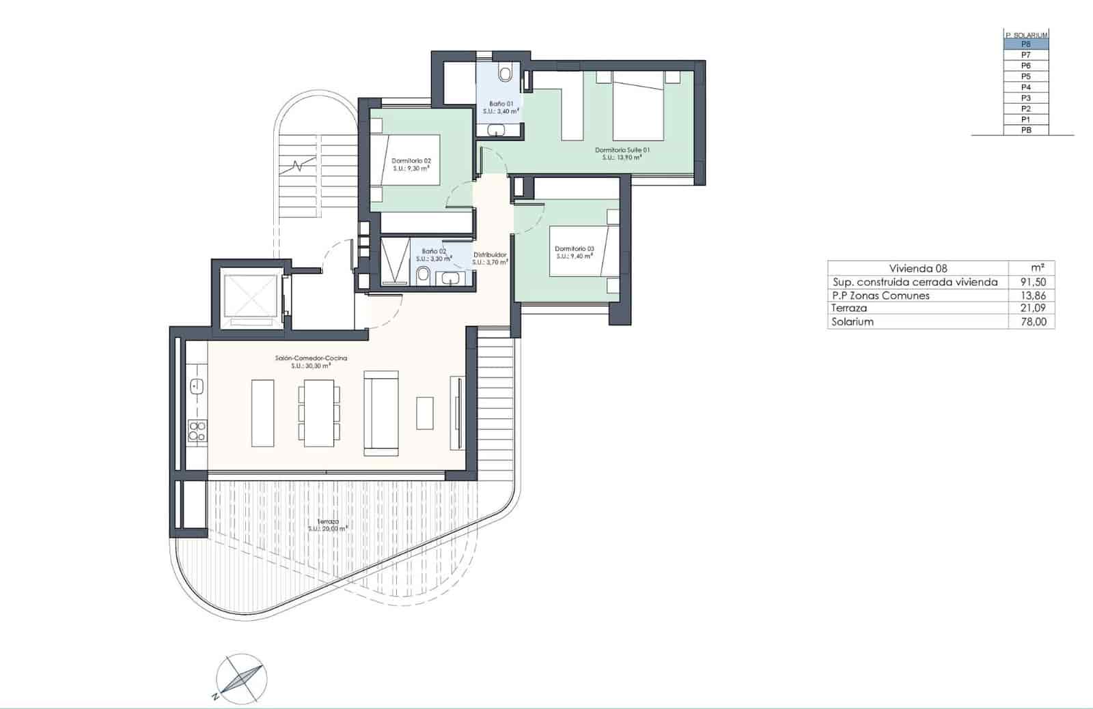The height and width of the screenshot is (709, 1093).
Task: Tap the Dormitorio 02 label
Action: tap(411, 161)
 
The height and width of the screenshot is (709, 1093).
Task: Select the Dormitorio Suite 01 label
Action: tap(622, 150)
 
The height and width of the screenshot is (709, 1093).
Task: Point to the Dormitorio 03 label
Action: tap(574, 249)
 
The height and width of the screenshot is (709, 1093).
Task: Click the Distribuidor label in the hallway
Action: tap(490, 255)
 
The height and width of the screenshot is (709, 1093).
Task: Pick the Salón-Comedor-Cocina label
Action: tap(311, 358)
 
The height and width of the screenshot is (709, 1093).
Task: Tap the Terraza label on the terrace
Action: tap(327, 521)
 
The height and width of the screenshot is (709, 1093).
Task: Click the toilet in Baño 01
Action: tap(506, 72)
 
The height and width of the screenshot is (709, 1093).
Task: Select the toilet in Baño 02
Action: tap(423, 274)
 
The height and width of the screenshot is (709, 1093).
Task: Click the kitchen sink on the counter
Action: tap(197, 386)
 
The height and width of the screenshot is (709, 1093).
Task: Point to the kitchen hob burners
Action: tap(197, 430)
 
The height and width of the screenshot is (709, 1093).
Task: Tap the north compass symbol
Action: tap(241, 680)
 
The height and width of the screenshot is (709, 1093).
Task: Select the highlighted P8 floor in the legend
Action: tap(1025, 44)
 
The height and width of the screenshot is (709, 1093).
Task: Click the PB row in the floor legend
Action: tap(1025, 130)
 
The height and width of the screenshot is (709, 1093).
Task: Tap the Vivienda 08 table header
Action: tap(918, 268)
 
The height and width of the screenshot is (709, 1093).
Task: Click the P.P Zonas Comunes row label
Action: tap(881, 295)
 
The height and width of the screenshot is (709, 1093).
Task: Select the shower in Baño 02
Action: tap(395, 260)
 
